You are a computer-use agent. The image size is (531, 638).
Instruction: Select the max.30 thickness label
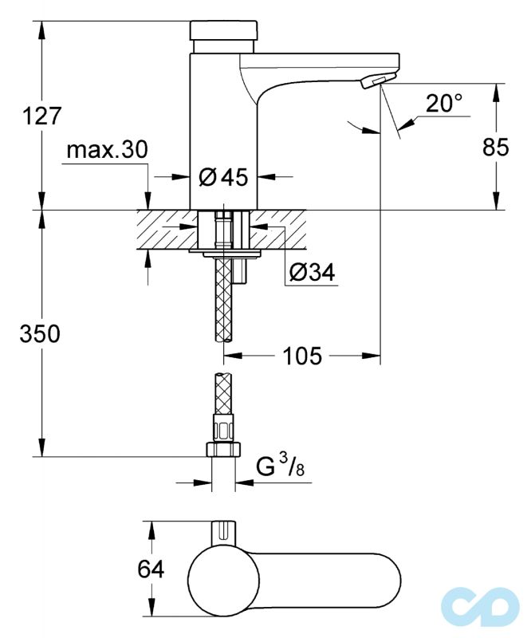tap(107, 150)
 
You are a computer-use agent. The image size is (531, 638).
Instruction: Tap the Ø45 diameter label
tap(224, 176)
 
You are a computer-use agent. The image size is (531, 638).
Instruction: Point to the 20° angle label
tap(443, 104)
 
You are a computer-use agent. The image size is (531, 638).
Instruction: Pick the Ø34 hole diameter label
tap(313, 274)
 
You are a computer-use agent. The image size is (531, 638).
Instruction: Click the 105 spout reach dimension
tap(301, 356)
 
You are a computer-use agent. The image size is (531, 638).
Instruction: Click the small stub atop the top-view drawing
tap(223, 532)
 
